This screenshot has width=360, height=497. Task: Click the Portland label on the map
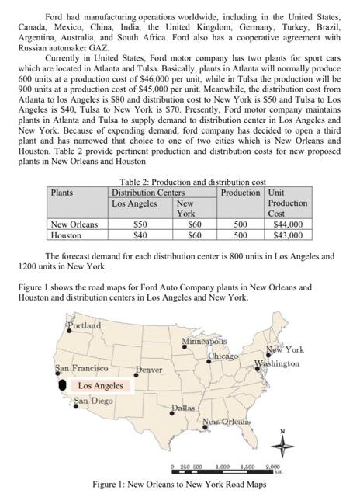tap(83, 325)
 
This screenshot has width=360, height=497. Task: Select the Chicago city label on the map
tap(223, 356)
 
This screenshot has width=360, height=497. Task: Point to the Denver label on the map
tap(149, 370)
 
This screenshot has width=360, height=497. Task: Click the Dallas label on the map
tap(182, 406)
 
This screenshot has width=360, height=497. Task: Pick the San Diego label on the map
tap(93, 401)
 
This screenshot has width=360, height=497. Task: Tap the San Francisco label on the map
tap(81, 367)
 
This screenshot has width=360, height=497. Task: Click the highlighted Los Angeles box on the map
tap(102, 385)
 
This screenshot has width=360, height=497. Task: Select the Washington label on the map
tap(278, 363)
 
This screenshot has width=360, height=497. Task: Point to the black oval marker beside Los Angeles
tap(62, 384)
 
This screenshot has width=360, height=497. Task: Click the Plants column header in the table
tap(63, 191)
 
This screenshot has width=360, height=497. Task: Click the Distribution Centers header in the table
tap(153, 192)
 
